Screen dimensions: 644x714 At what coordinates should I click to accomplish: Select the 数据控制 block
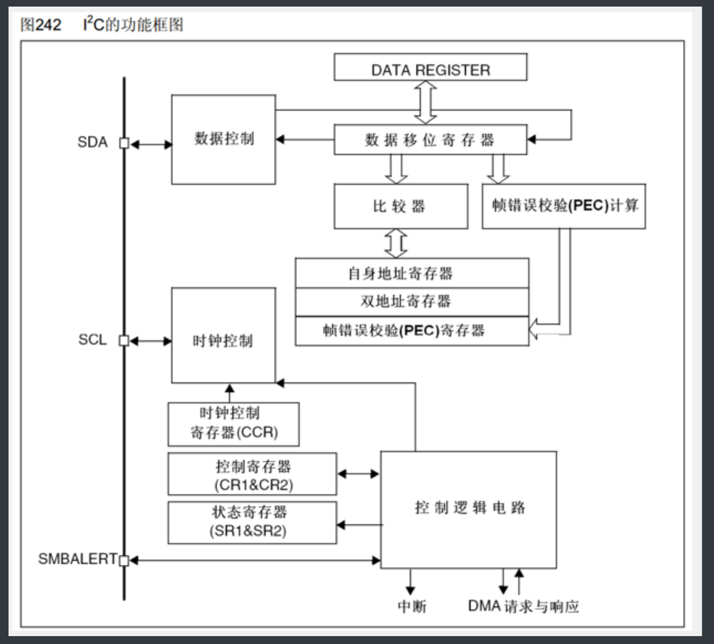pos(223,139)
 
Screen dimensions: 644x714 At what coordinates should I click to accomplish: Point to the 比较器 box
pos(401,206)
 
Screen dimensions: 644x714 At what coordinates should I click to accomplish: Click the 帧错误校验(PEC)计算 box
pos(564,206)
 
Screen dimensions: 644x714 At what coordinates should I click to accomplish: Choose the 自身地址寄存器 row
pos(412,273)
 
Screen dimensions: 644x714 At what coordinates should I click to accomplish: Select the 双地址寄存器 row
pos(412,302)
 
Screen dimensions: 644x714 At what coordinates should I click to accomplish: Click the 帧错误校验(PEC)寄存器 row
pos(412,331)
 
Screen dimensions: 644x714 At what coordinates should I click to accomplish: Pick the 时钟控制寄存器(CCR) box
pos(233,424)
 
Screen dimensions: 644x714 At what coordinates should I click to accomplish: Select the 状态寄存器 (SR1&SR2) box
pos(252,522)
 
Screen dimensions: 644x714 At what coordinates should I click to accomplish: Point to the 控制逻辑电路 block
pos(469,509)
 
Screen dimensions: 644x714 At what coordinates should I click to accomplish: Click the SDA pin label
pos(92,143)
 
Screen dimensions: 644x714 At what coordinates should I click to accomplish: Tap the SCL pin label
pos(92,341)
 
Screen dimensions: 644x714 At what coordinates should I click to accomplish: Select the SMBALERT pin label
pos(76,560)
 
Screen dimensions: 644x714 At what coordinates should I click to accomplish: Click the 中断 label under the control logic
pos(412,606)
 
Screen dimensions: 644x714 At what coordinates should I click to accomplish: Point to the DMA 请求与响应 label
pos(524,606)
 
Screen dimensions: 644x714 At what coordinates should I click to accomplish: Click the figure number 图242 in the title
pos(41,25)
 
